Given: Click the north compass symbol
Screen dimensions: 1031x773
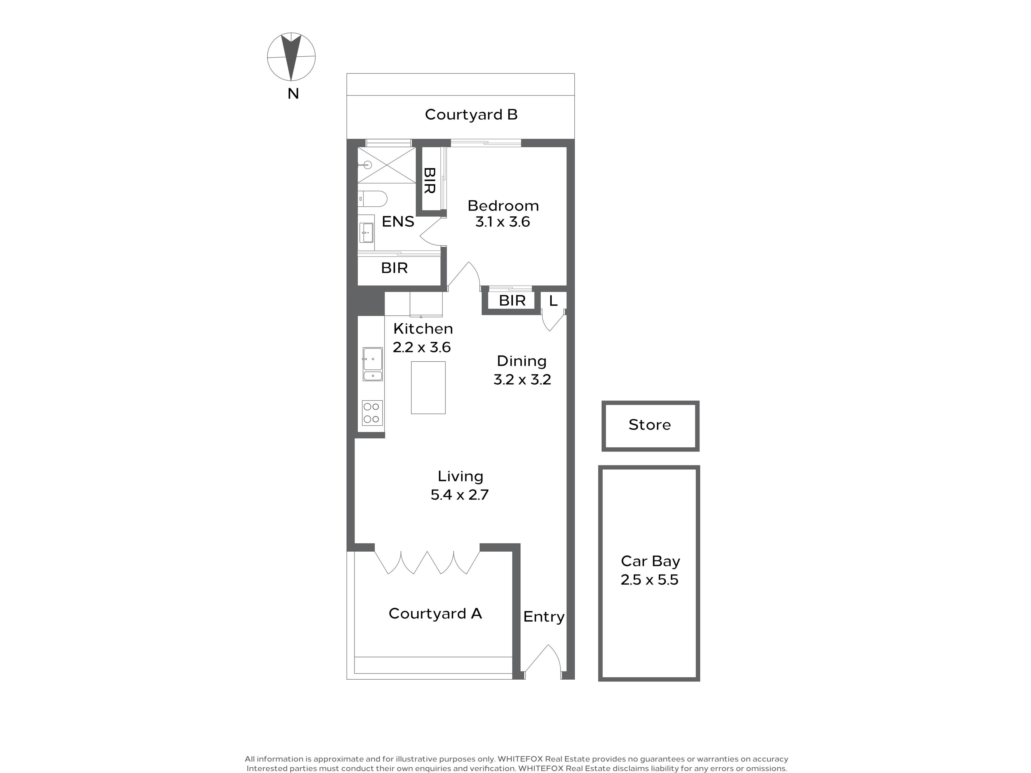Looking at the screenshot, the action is coord(291,57).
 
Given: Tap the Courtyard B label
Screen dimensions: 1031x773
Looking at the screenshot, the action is coord(471,115).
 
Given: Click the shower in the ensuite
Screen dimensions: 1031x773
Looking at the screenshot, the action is coord(386,165).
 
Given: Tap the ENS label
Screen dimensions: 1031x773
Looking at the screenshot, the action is coord(398,222).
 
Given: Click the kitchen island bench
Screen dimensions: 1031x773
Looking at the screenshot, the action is coord(428,388).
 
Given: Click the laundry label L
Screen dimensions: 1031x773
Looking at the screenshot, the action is coord(553,301).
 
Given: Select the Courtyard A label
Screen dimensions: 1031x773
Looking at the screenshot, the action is coord(435,614).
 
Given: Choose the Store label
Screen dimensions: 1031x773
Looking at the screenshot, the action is coord(650,425).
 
